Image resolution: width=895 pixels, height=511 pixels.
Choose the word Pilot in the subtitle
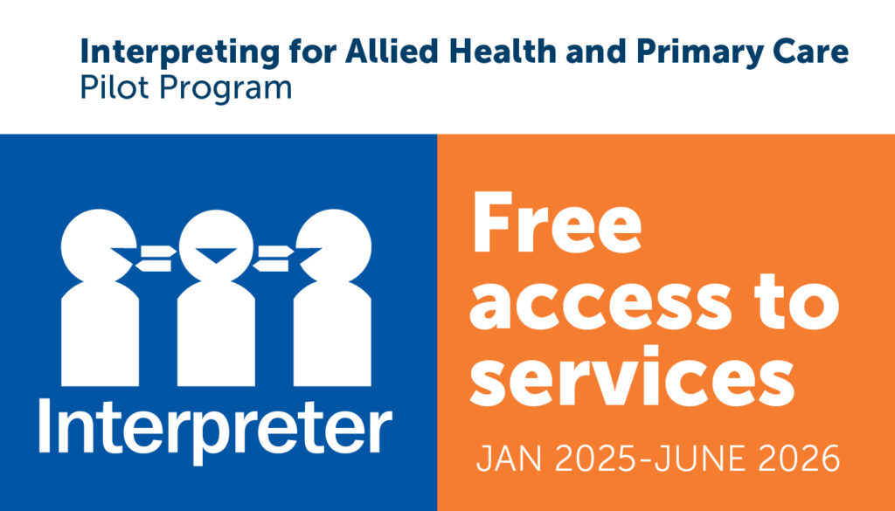click(x=108, y=88)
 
